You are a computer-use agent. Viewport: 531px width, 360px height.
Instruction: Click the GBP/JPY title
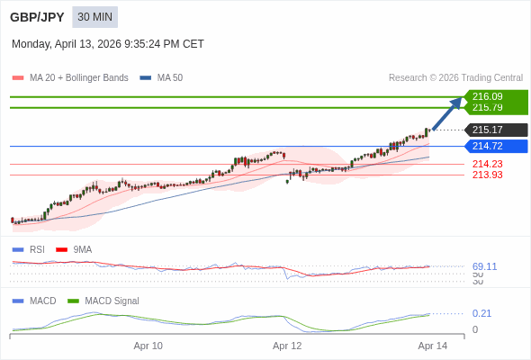coord(38,17)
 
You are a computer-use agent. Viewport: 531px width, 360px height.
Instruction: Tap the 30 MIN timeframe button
coord(94,17)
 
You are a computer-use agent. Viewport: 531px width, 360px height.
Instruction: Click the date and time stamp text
coord(108,44)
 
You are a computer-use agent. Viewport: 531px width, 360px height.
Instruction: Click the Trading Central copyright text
coord(455,78)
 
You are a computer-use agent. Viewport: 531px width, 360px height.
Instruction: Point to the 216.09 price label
coord(487,96)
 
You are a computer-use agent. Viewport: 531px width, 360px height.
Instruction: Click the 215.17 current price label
coord(487,130)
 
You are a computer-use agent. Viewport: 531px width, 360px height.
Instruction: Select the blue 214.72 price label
coord(487,146)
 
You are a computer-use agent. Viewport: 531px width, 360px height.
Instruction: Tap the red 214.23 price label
coord(487,164)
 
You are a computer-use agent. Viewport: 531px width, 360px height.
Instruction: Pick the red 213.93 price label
coord(487,175)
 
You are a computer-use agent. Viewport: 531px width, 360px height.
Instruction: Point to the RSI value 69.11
coord(484,266)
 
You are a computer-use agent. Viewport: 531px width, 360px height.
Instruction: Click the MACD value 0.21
coord(481,313)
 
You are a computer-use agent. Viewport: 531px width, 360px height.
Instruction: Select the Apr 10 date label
coord(148,346)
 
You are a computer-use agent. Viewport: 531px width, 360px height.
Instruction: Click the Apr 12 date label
coord(287,346)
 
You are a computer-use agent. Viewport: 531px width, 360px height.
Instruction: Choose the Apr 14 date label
coord(432,346)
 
